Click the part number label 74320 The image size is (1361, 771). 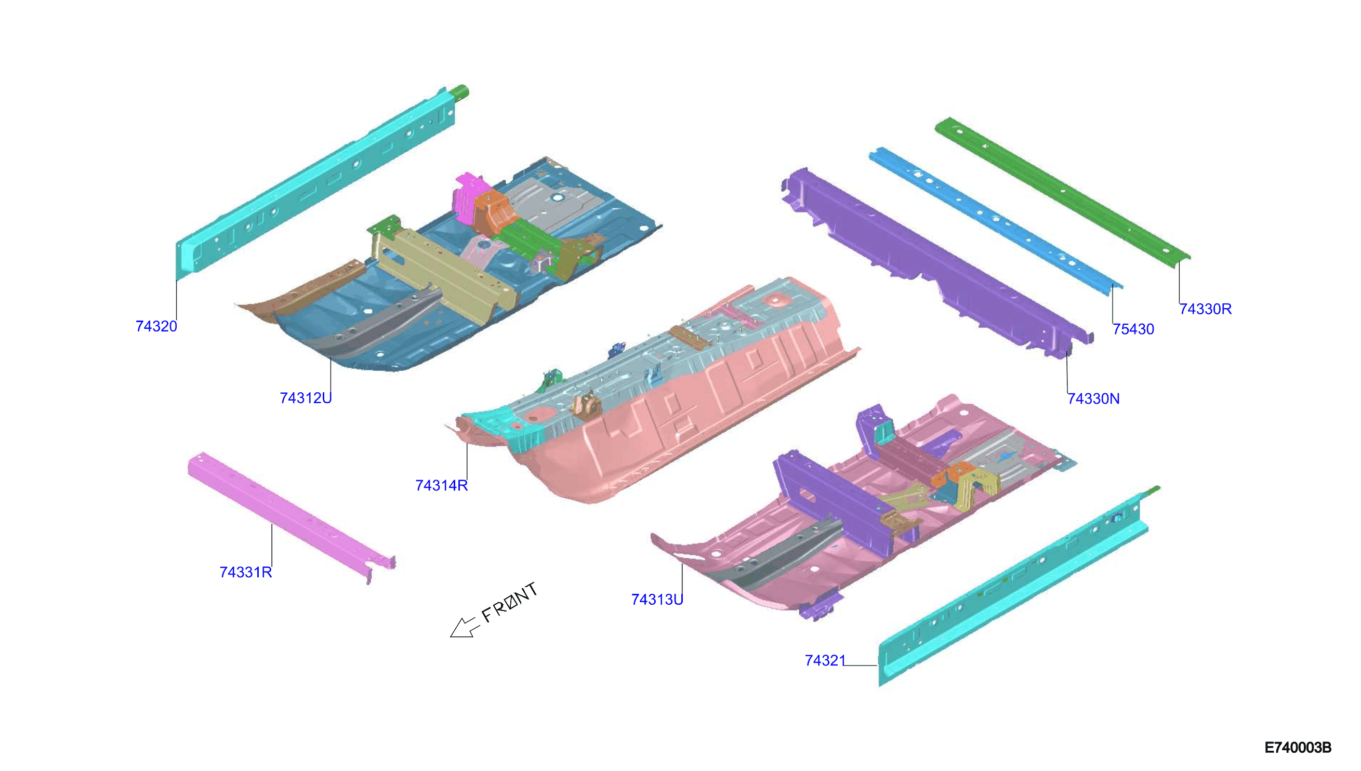156,326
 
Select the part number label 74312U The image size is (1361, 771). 306,397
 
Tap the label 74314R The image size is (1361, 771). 442,485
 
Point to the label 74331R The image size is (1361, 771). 246,572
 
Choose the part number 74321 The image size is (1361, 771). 825,660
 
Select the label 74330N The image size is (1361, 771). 1093,398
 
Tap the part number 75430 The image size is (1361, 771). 1133,329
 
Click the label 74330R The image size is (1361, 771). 1205,309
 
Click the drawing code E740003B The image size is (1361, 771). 1298,747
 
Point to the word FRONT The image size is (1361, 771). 509,603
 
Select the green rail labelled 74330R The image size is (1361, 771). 1062,193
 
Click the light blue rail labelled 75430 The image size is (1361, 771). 996,220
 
